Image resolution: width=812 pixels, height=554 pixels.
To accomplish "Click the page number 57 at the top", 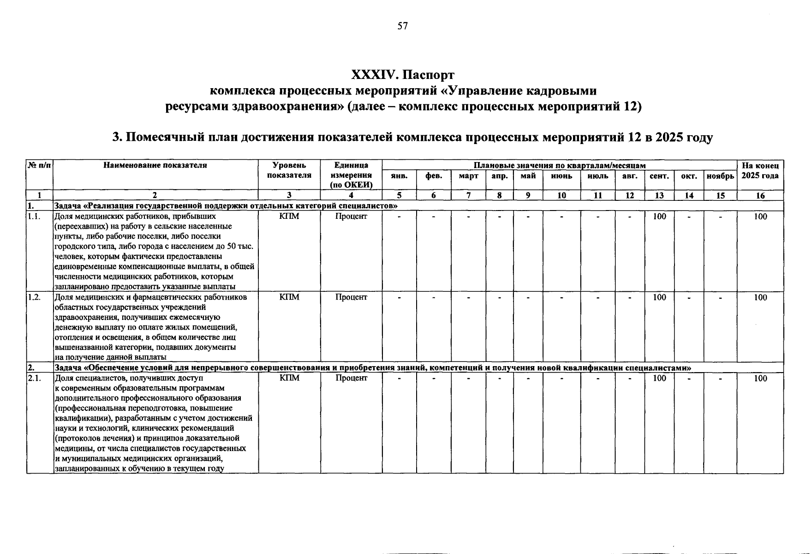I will [x=402, y=26].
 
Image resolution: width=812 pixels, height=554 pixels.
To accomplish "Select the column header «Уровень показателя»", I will [x=289, y=170].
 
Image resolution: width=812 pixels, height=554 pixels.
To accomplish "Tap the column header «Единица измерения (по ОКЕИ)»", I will [x=351, y=175].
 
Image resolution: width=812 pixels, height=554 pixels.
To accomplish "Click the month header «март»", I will [x=468, y=176].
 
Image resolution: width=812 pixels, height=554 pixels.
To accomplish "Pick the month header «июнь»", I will [x=561, y=176].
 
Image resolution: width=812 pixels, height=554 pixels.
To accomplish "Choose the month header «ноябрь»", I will [x=720, y=176].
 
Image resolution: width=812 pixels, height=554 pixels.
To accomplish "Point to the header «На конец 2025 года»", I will [x=760, y=170].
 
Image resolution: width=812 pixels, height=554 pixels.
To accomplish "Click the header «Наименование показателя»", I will [x=155, y=165].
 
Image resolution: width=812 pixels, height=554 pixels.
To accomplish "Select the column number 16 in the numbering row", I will [x=760, y=196].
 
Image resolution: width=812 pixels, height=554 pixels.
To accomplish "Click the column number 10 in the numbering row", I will [x=561, y=196].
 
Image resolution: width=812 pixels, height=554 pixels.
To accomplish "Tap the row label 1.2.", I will [x=34, y=297].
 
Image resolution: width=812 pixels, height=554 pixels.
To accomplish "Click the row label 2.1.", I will [x=34, y=378].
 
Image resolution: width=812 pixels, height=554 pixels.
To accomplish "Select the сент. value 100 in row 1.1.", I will [x=659, y=216].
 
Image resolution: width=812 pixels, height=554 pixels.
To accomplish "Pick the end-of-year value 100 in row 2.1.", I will [x=760, y=378].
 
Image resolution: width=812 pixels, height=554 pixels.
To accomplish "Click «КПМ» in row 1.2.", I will [x=289, y=297].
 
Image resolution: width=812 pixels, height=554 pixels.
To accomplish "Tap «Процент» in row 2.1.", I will [x=351, y=378].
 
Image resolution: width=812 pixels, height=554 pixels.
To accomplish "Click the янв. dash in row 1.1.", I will [x=400, y=216].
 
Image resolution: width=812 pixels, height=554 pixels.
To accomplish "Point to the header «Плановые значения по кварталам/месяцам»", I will [x=559, y=165].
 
